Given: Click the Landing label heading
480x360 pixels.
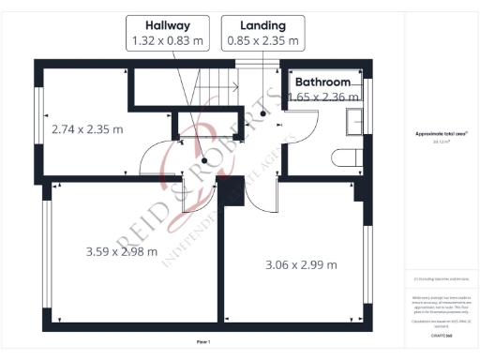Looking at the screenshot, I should (x=263, y=24).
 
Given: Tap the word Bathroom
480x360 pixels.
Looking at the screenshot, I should (x=325, y=82).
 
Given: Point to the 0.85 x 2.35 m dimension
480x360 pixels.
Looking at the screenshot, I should (x=263, y=41).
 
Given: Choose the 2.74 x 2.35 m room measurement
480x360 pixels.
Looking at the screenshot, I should (x=86, y=129).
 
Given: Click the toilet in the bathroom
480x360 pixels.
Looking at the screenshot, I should (x=350, y=157).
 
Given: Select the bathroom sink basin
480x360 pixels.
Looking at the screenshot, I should (x=356, y=122).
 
